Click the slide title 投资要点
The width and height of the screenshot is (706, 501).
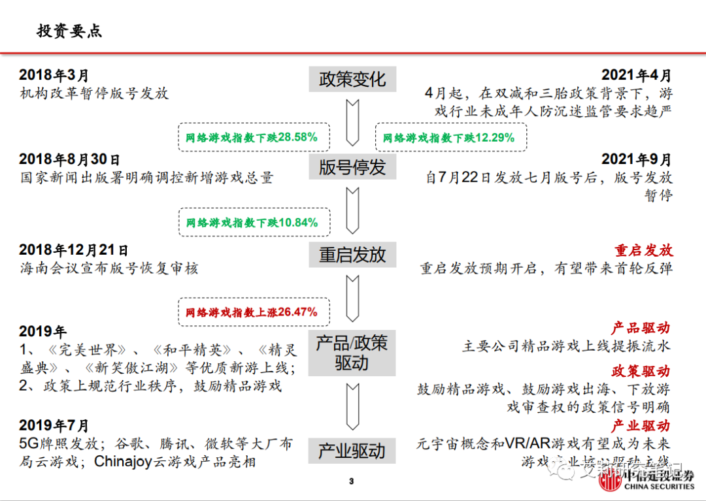point(69,31)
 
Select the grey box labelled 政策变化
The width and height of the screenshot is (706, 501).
point(352,80)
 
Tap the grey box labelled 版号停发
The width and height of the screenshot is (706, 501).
point(352,167)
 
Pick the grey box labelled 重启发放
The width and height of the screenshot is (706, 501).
point(352,255)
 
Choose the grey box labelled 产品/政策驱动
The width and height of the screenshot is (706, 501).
point(352,353)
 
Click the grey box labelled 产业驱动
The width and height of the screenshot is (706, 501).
point(352,451)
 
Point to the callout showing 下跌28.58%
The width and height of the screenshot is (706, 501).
point(252,138)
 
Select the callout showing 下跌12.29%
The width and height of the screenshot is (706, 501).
point(450,138)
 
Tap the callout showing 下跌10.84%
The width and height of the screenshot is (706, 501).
point(252,223)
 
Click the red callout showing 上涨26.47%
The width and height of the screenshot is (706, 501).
point(252,312)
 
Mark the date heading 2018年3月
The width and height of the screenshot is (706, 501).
point(54,76)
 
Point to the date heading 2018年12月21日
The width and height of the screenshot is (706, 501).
point(74,250)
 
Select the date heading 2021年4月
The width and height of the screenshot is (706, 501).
point(636,76)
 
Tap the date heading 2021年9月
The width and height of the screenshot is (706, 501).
point(636,159)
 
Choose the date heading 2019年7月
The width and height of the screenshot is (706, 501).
point(54,426)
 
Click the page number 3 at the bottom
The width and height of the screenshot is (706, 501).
point(351,481)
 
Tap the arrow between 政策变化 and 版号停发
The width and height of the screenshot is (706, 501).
point(352,122)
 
